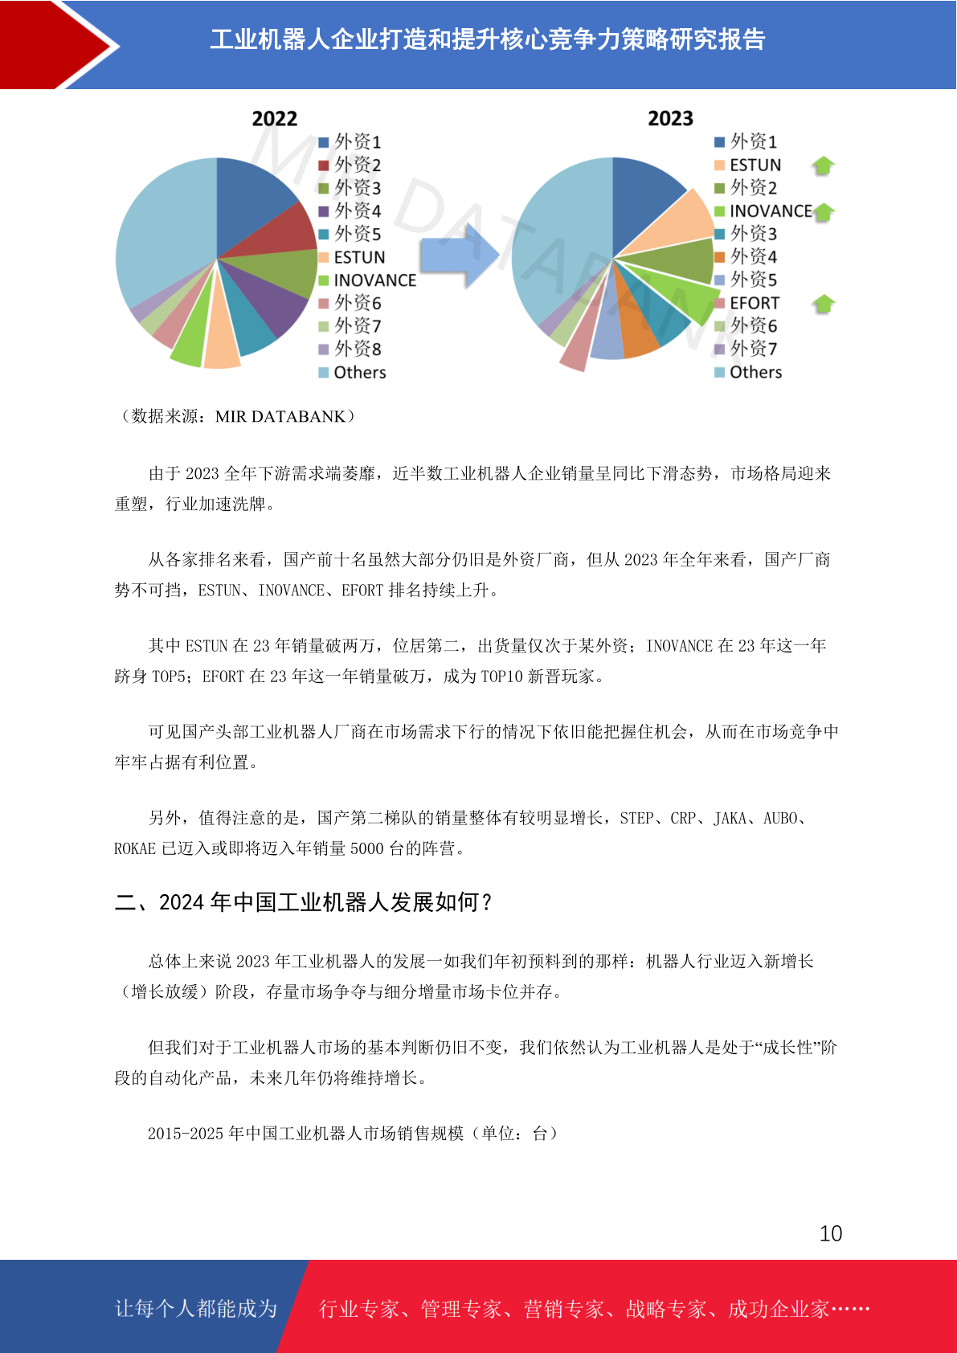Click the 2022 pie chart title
[274, 119]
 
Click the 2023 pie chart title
[670, 119]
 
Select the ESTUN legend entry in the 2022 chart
[359, 257]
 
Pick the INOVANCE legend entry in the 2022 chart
[374, 280]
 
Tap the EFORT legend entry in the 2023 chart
[754, 303]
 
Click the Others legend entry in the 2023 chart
[755, 372]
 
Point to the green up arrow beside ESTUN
[823, 166]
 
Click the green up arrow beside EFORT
[823, 304]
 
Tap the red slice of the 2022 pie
[289, 233]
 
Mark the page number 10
[830, 1233]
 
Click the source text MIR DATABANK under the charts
[280, 416]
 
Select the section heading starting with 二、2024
[304, 902]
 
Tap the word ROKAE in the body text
[135, 848]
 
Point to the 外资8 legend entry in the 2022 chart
[358, 349]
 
